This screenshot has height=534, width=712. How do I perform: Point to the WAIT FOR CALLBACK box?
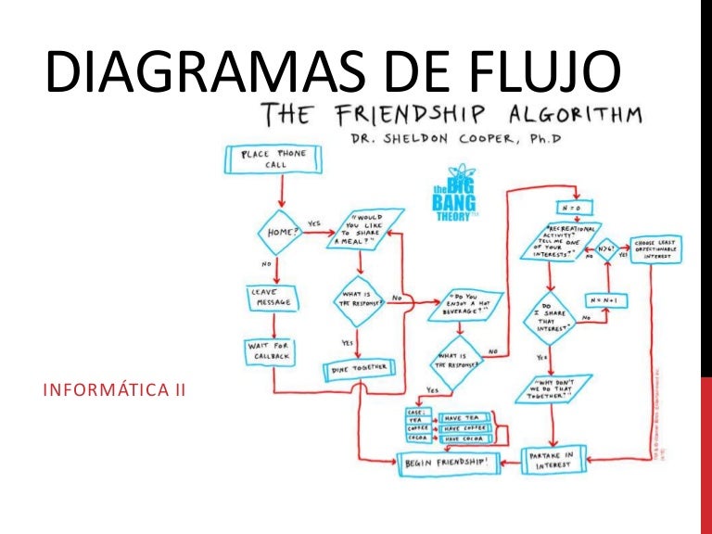pos(270,351)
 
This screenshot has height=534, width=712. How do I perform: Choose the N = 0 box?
pos(567,206)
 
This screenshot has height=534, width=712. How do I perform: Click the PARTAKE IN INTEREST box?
pos(553,460)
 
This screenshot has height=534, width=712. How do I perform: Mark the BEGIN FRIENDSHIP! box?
pos(449,460)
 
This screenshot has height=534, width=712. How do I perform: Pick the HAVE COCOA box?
pos(465,439)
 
